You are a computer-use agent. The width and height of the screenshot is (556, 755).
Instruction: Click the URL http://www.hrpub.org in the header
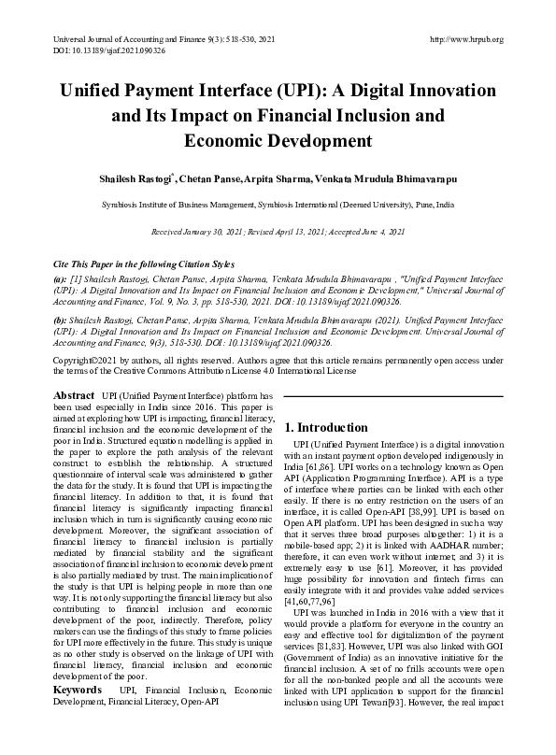465,39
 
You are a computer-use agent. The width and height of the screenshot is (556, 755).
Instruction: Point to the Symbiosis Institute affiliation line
278,203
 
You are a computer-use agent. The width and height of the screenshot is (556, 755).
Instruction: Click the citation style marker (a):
61,278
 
